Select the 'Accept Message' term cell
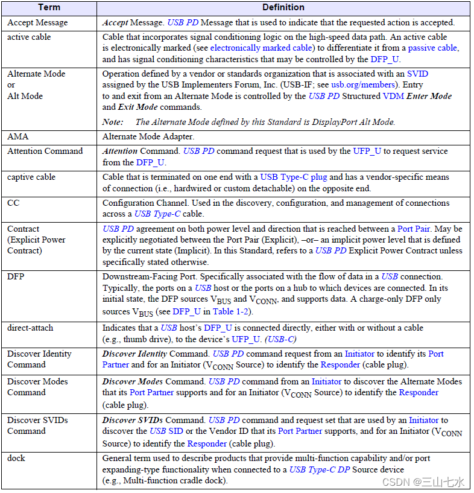[x=37, y=22]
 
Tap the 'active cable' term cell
[x=29, y=37]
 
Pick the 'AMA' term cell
[x=18, y=137]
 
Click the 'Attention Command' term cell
[x=45, y=151]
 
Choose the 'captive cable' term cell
[x=31, y=177]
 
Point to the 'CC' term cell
[x=13, y=203]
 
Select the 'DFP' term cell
[x=16, y=276]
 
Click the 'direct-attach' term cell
[x=30, y=328]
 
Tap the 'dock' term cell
[x=16, y=458]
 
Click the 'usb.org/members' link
[x=364, y=84]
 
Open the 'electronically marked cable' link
[x=261, y=48]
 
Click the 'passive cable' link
[x=432, y=48]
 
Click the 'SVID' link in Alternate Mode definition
[x=417, y=74]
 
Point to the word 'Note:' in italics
[x=114, y=122]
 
